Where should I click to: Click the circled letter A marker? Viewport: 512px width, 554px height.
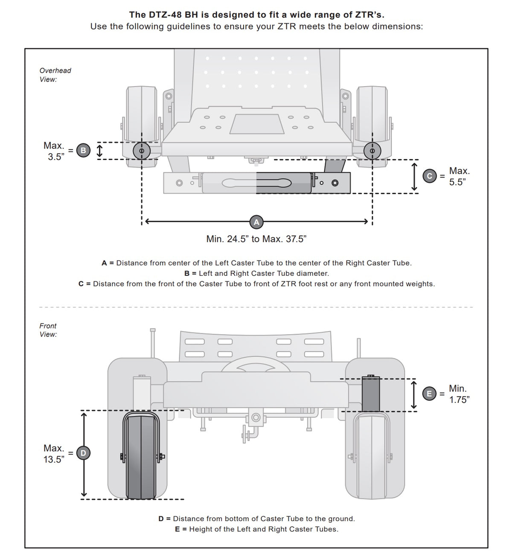point(256,222)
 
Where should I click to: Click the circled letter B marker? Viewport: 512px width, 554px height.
point(83,150)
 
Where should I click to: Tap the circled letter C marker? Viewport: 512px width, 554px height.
point(430,176)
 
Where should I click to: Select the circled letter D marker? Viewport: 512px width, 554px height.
point(83,453)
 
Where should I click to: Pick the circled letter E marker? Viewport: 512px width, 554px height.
point(430,394)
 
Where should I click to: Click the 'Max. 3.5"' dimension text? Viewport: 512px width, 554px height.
point(54,151)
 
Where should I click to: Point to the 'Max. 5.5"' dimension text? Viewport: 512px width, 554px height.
point(459,176)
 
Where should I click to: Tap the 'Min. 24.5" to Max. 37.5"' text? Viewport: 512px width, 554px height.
point(256,239)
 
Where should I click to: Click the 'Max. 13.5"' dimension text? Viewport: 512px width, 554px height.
point(54,454)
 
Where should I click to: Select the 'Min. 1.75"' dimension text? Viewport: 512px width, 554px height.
point(459,394)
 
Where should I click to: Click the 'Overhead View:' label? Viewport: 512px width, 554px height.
point(55,75)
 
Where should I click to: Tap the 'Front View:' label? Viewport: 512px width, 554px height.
point(48,330)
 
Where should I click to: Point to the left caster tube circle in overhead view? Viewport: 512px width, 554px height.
point(141,151)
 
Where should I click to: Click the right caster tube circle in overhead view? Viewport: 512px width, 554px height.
point(372,151)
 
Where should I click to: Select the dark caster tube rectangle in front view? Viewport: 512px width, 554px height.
point(371,394)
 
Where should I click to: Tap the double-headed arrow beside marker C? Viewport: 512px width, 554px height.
point(414,176)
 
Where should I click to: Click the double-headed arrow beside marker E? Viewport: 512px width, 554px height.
point(414,395)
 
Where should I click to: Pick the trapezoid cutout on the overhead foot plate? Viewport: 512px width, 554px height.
point(257,124)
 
